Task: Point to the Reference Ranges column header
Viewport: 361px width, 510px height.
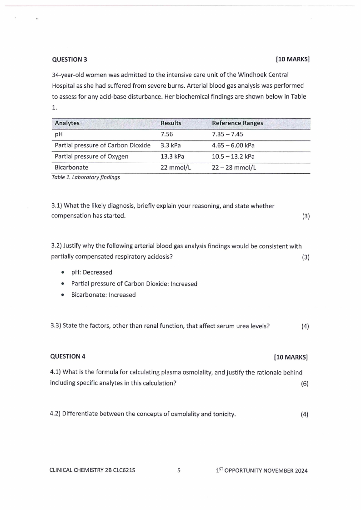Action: [x=237, y=123]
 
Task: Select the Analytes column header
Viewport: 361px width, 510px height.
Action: [x=67, y=123]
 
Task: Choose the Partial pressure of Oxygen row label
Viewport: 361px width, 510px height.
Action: [x=91, y=156]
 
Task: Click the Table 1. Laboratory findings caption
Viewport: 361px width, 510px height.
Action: [x=85, y=177]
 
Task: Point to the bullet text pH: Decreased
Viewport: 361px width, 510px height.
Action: [x=91, y=272]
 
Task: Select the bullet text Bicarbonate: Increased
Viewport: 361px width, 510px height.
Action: [x=103, y=295]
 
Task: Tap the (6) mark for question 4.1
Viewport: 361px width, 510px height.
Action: [x=305, y=383]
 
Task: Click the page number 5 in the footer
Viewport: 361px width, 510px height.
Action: [x=179, y=470]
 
